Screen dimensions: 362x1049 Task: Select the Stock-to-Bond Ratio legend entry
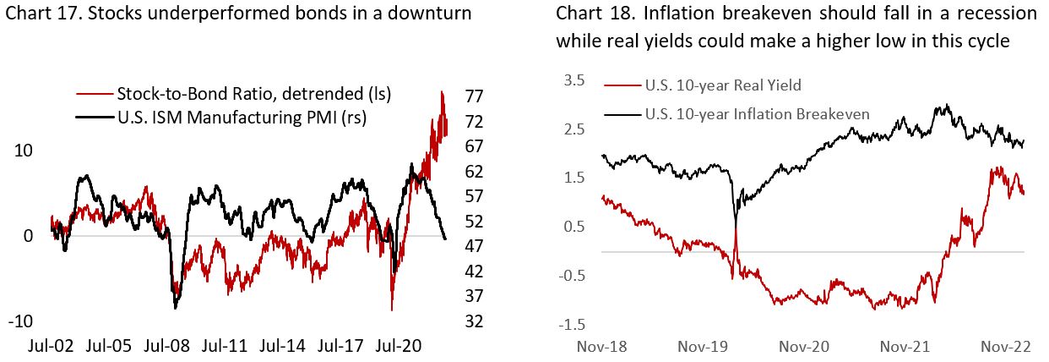point(254,93)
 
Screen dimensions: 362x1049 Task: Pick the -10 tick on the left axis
point(21,321)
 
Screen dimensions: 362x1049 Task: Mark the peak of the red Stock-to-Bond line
point(442,90)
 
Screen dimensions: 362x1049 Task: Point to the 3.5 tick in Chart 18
point(574,80)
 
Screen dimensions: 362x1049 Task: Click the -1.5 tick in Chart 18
point(572,325)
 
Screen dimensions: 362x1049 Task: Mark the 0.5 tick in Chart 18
point(574,226)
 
